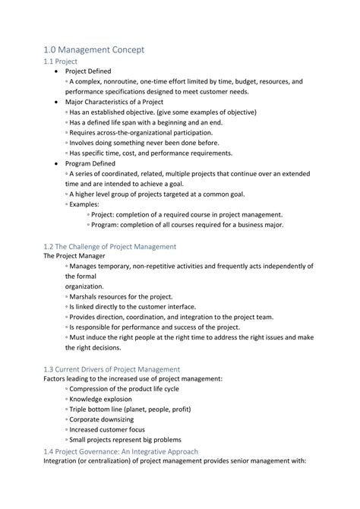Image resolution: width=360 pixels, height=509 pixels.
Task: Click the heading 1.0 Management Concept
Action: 94,49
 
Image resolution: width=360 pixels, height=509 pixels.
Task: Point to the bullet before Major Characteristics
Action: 59,102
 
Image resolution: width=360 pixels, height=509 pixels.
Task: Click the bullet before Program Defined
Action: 59,162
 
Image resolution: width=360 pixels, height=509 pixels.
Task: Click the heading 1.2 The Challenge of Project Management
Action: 110,246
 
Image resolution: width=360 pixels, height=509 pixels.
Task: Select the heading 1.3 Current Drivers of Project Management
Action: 112,368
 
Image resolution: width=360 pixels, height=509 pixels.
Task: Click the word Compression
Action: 95,389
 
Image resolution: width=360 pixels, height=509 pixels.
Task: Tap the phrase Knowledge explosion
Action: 100,399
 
